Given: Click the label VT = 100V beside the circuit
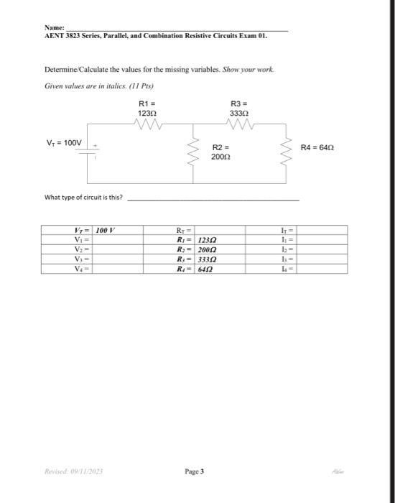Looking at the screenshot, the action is click(65, 143).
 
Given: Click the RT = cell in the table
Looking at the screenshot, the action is click(182, 231).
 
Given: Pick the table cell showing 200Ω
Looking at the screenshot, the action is click(209, 249).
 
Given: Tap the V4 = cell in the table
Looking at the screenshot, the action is click(80, 268).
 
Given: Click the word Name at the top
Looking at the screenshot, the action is click(54, 27).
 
